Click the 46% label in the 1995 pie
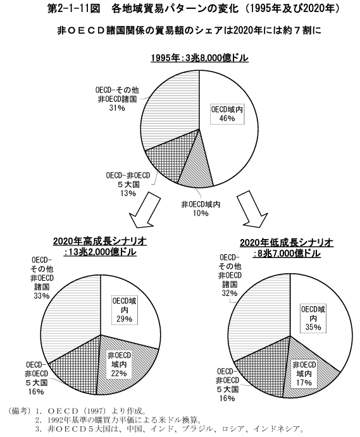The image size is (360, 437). [x=227, y=118]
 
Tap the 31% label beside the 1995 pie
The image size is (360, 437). [x=117, y=108]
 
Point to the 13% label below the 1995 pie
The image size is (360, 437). [x=128, y=193]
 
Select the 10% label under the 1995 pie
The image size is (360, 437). [x=201, y=213]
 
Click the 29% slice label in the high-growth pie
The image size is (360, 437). [x=125, y=319]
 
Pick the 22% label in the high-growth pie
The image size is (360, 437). [x=119, y=373]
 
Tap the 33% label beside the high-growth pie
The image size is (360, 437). [x=42, y=296]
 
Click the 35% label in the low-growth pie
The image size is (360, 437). [x=313, y=327]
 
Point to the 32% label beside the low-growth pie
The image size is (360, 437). [x=230, y=293]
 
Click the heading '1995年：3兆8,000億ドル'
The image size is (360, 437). [x=200, y=58]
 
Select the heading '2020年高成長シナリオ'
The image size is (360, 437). [x=100, y=241]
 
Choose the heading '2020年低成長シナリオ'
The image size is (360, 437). [x=287, y=243]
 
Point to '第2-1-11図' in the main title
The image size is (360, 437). [x=74, y=9]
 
